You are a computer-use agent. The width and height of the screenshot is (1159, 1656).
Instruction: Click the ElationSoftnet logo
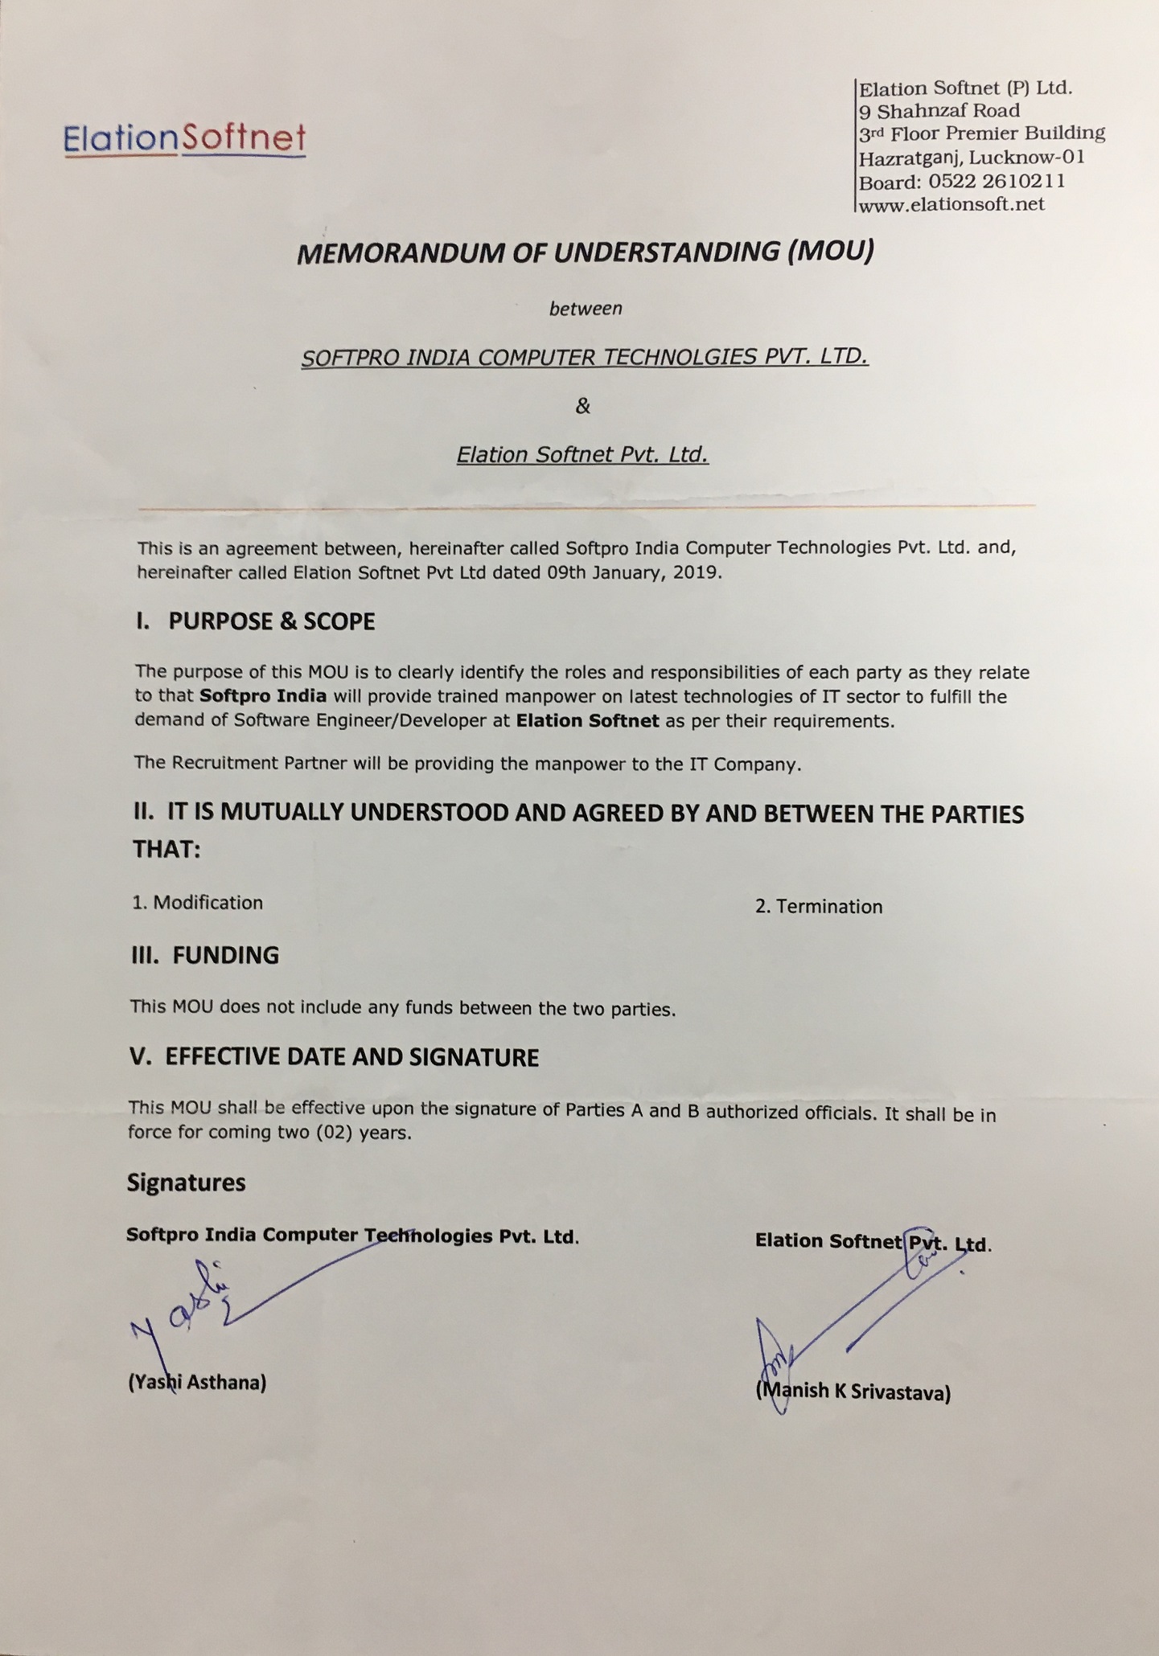click(184, 138)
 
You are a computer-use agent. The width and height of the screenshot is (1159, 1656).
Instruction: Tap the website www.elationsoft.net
click(951, 204)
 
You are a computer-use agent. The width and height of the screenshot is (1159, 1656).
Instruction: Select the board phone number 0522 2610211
click(997, 181)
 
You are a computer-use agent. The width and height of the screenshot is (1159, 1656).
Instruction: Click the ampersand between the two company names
click(583, 407)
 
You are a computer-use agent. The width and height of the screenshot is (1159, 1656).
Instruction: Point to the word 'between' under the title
click(586, 309)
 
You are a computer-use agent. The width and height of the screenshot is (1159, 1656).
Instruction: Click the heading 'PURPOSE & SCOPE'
click(271, 621)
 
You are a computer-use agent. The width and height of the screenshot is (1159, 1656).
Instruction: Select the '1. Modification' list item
click(198, 903)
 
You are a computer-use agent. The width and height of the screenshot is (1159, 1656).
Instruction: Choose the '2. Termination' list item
click(818, 907)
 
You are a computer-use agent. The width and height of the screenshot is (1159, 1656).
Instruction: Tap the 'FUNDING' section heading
click(225, 955)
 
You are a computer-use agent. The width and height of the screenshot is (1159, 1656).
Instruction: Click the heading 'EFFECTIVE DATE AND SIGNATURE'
click(351, 1057)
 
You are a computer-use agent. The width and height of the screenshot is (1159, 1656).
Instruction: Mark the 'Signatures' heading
click(186, 1183)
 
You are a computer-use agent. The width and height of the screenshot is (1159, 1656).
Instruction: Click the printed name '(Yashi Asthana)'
click(197, 1382)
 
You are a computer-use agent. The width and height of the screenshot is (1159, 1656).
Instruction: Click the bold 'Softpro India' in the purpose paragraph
click(263, 696)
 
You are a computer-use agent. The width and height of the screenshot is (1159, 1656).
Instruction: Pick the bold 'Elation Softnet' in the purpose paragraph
click(587, 721)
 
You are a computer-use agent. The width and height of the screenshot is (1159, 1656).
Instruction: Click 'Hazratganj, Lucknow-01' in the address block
click(972, 157)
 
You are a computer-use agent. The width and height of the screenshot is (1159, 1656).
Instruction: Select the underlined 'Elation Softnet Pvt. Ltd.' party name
click(582, 455)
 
